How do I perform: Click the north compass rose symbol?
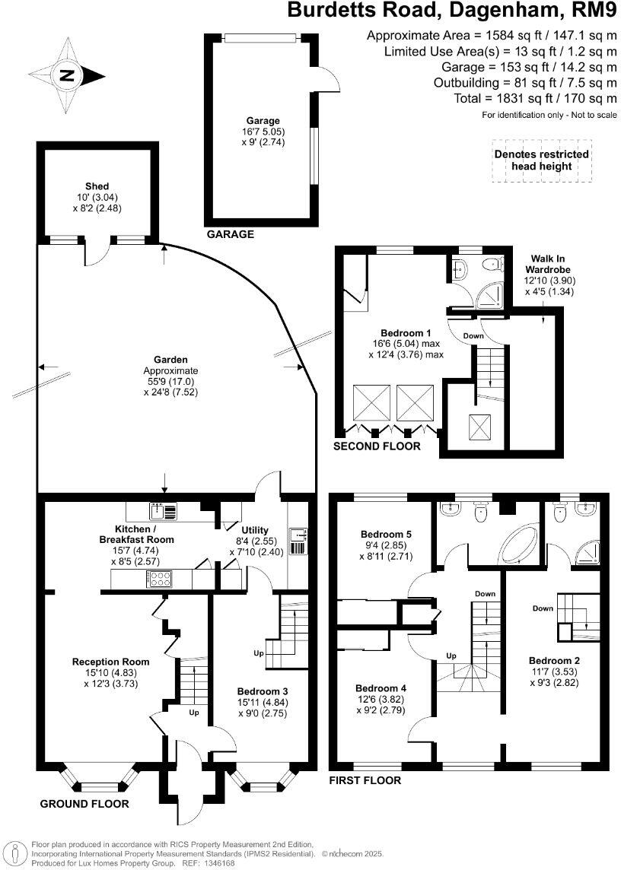[x=69, y=75]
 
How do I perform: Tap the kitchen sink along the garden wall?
[x=162, y=510]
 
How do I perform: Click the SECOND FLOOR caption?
[x=377, y=446]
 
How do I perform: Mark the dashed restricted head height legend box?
[x=541, y=160]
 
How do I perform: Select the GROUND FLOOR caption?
[x=84, y=804]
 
